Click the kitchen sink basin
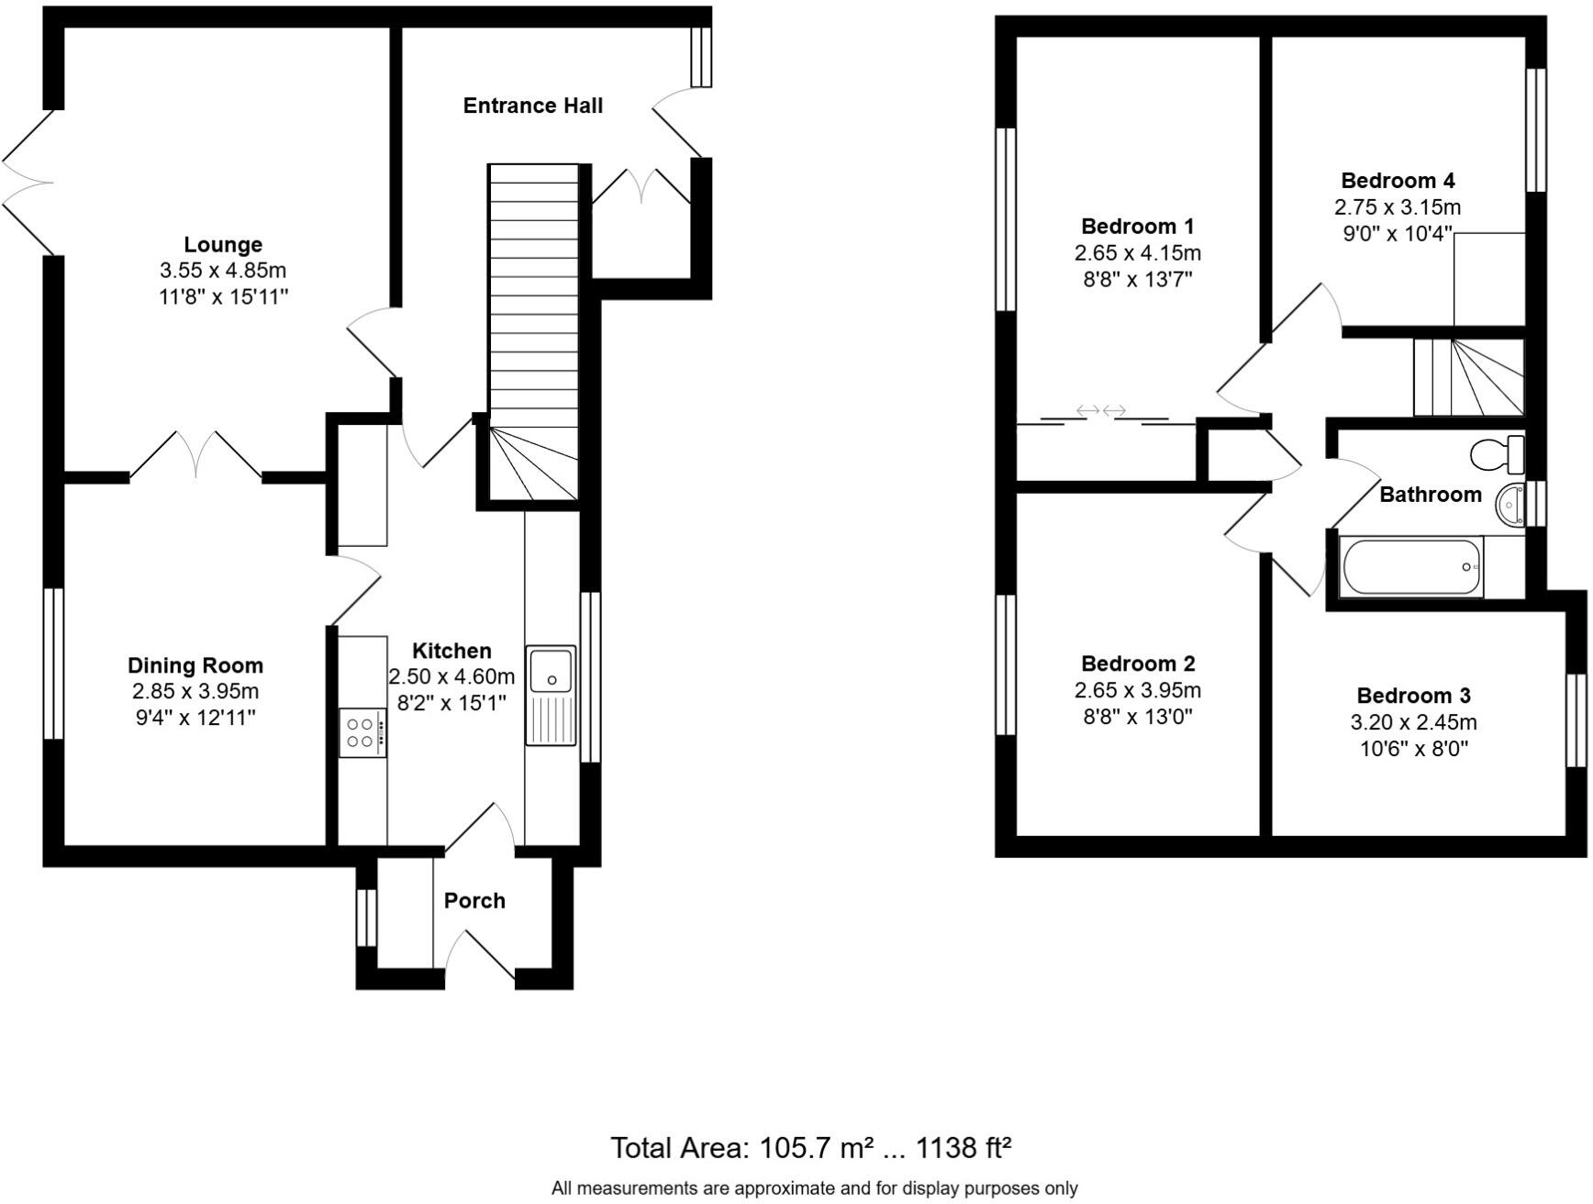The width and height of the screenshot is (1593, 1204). (551, 670)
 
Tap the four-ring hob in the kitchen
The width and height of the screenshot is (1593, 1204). (362, 732)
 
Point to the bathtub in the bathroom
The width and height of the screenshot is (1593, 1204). (1410, 567)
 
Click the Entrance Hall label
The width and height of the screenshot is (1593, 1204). (532, 106)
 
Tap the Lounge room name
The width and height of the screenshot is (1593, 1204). (223, 245)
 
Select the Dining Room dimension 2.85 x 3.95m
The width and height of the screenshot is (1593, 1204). (195, 692)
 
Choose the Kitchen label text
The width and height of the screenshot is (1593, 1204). (451, 652)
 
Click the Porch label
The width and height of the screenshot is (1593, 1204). (474, 901)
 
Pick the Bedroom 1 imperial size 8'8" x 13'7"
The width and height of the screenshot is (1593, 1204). (1137, 280)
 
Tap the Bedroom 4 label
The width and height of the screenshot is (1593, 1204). (1397, 181)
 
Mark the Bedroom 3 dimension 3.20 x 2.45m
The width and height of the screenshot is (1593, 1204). (1413, 723)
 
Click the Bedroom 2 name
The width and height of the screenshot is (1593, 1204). (1137, 664)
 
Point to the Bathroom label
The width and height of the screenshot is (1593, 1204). (1430, 496)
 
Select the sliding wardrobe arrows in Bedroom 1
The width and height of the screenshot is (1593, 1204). (1101, 410)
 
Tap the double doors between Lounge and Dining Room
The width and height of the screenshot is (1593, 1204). (196, 455)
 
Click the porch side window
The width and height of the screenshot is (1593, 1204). (366, 918)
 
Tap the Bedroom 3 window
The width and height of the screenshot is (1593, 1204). (1576, 720)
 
